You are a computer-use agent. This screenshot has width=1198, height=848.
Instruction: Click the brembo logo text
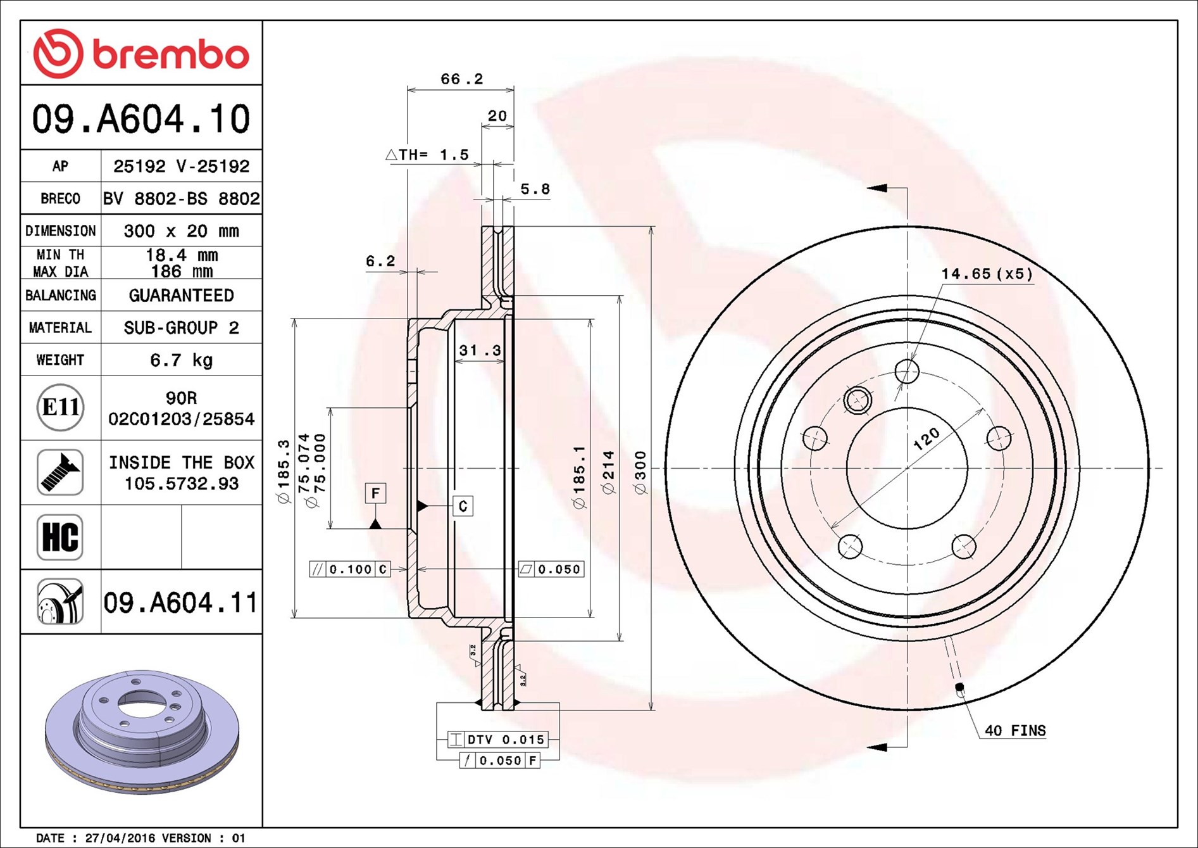pos(171,54)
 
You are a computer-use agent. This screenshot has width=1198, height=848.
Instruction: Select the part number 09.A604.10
pos(141,119)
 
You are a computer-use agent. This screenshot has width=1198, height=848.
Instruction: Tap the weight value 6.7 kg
pos(181,360)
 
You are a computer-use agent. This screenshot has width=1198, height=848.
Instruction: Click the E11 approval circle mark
pos(60,407)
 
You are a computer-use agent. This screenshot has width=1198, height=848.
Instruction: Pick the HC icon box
pos(60,537)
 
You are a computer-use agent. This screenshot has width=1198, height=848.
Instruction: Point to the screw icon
pos(60,472)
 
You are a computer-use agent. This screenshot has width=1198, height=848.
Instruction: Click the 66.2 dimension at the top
pos(461,79)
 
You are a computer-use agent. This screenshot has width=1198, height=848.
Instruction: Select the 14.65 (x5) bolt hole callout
pos(987,274)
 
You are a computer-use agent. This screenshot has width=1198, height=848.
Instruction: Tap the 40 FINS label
pos(1015,730)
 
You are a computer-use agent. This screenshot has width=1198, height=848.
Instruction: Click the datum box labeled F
pos(375,493)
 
